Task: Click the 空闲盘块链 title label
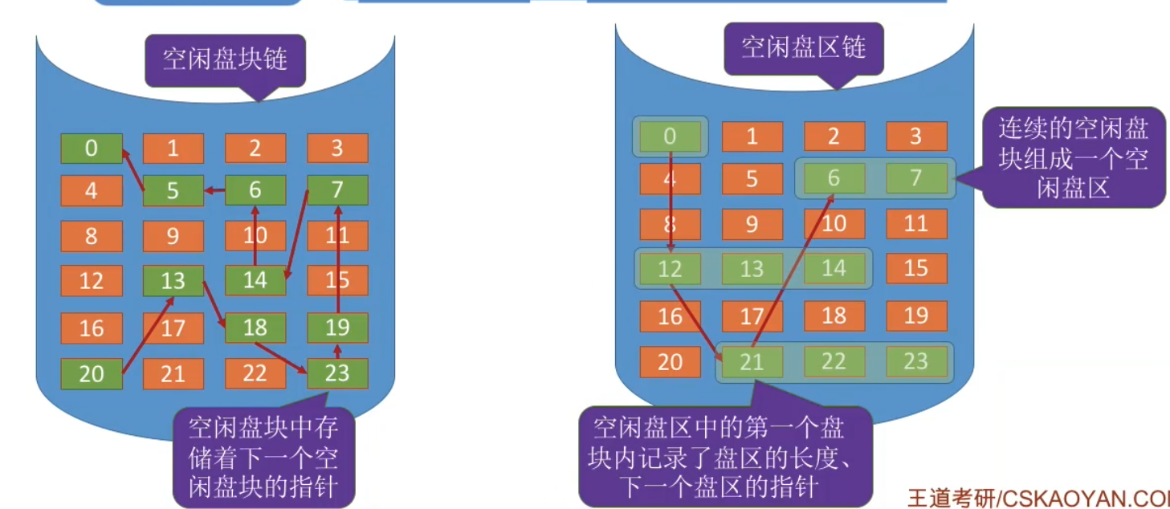pos(225,59)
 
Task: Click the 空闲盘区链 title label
pos(803,47)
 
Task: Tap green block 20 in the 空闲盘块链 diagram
pos(92,373)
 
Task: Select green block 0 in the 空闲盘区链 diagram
pos(671,137)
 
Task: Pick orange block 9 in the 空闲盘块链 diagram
pos(173,237)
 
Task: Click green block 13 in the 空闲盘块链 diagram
pos(173,280)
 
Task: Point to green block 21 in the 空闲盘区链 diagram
pos(752,362)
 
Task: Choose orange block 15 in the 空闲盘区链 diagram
pos(916,268)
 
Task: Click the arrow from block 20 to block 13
pos(147,336)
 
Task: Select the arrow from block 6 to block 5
pos(214,191)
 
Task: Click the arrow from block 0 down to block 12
pos(671,201)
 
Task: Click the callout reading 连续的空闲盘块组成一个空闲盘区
pos(1074,157)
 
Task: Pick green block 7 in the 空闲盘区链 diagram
pos(916,177)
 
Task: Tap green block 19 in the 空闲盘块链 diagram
pos(337,328)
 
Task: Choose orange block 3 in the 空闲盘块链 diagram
pos(337,148)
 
